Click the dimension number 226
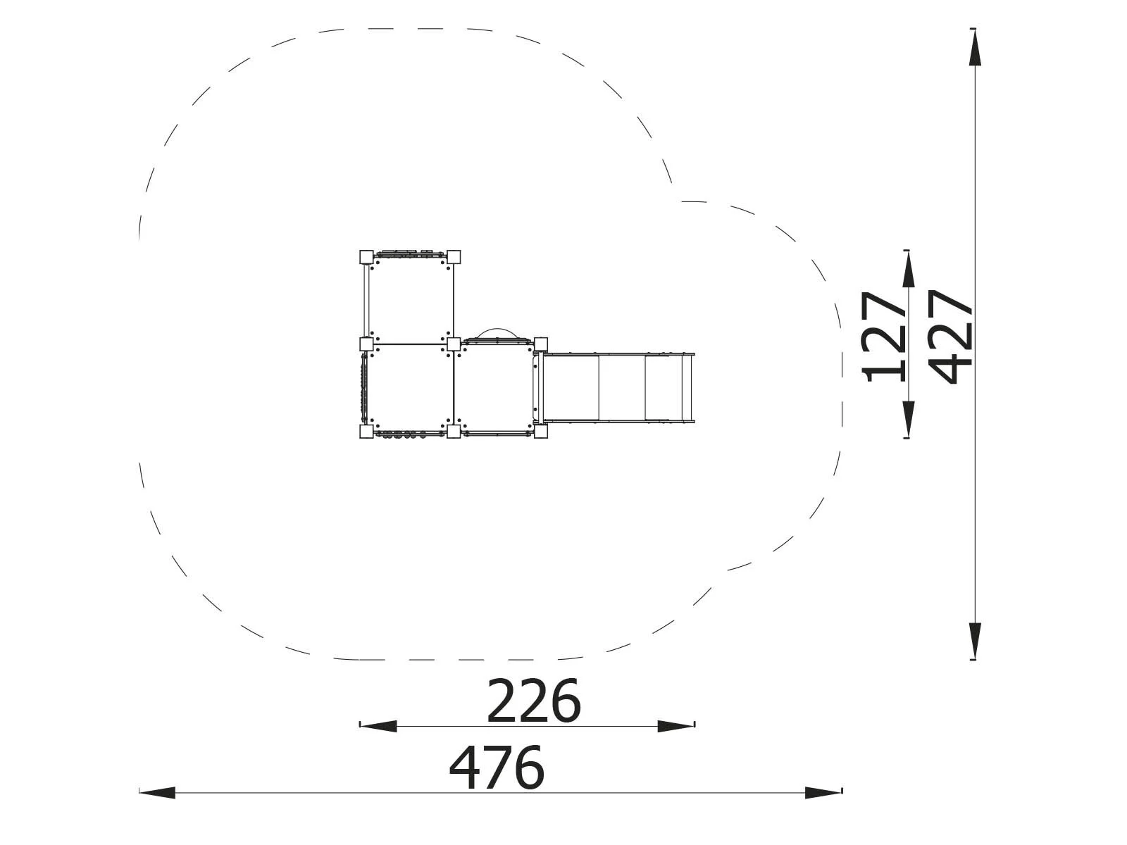[533, 701]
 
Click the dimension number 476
[497, 768]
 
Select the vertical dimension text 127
[885, 337]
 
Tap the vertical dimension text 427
[951, 337]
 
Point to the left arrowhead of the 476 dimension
[157, 793]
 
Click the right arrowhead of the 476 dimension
[824, 793]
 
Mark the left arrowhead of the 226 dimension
[378, 726]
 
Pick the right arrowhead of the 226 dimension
[676, 726]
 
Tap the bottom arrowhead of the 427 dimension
[974, 641]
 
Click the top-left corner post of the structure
[366, 256]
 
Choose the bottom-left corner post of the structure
[366, 431]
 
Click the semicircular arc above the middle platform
[498, 332]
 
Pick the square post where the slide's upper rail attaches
[541, 344]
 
